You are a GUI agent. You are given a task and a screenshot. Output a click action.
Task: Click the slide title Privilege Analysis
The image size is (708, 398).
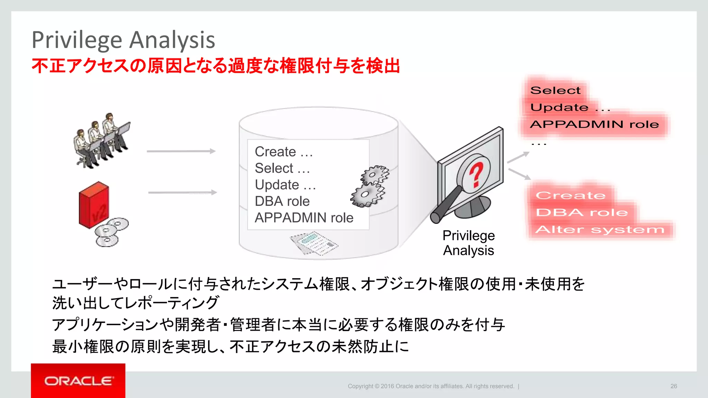(x=123, y=40)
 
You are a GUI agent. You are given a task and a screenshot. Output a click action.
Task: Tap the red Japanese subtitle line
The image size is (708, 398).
(x=216, y=66)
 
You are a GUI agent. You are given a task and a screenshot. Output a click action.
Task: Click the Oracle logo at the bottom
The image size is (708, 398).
(x=78, y=381)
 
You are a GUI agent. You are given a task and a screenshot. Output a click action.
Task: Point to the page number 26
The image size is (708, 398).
(x=673, y=386)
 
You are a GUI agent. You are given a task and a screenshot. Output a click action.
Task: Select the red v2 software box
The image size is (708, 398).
(x=94, y=205)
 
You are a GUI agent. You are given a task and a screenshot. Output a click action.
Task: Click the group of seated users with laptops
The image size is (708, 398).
(x=102, y=141)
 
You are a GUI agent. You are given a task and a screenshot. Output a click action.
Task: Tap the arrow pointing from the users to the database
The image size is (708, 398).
(x=181, y=151)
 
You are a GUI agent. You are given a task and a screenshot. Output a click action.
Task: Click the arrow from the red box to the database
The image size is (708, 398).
(x=182, y=192)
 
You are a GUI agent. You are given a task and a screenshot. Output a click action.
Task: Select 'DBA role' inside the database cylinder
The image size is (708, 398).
(x=282, y=201)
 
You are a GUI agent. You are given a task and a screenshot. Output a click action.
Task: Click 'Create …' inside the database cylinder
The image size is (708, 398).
(x=283, y=152)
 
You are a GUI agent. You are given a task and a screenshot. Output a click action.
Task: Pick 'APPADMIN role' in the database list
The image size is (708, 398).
(x=304, y=218)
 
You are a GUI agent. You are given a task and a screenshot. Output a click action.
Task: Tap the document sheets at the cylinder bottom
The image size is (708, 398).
(x=314, y=243)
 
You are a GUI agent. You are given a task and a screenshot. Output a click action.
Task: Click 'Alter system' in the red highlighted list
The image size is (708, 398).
(x=599, y=229)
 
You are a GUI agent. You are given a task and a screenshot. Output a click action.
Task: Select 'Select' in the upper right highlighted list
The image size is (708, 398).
(x=555, y=91)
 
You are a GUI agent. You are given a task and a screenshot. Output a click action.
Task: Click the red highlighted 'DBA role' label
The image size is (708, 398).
(x=582, y=212)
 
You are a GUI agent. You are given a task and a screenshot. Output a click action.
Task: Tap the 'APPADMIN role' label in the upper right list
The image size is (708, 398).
(x=594, y=124)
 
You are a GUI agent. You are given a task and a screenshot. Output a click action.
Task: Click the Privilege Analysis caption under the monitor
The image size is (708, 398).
(x=468, y=243)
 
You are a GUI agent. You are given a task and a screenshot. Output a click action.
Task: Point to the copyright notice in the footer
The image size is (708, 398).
(x=431, y=386)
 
